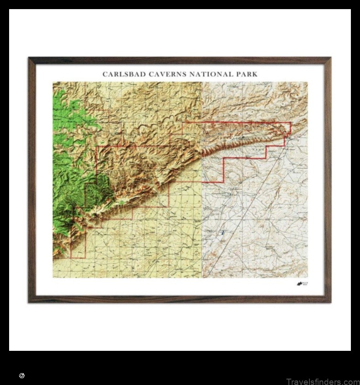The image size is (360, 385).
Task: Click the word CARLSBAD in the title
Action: pos(120,74)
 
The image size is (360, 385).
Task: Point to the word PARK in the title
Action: pos(246,74)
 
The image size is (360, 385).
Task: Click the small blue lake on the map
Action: pos(222,233)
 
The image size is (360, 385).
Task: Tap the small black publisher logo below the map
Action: pos(301,284)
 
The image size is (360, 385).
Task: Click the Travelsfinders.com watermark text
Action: pos(323,382)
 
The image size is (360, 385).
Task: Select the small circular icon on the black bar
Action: pos(21,375)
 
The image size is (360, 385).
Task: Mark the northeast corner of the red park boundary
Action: pos(290,123)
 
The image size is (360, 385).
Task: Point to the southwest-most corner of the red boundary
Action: pos(71,258)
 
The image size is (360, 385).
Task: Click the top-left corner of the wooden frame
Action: pos(29,58)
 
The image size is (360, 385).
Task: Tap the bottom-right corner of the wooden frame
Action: pos(330,302)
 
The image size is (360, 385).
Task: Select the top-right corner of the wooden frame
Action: pos(330,58)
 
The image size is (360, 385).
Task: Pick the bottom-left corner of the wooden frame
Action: pos(29,302)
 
